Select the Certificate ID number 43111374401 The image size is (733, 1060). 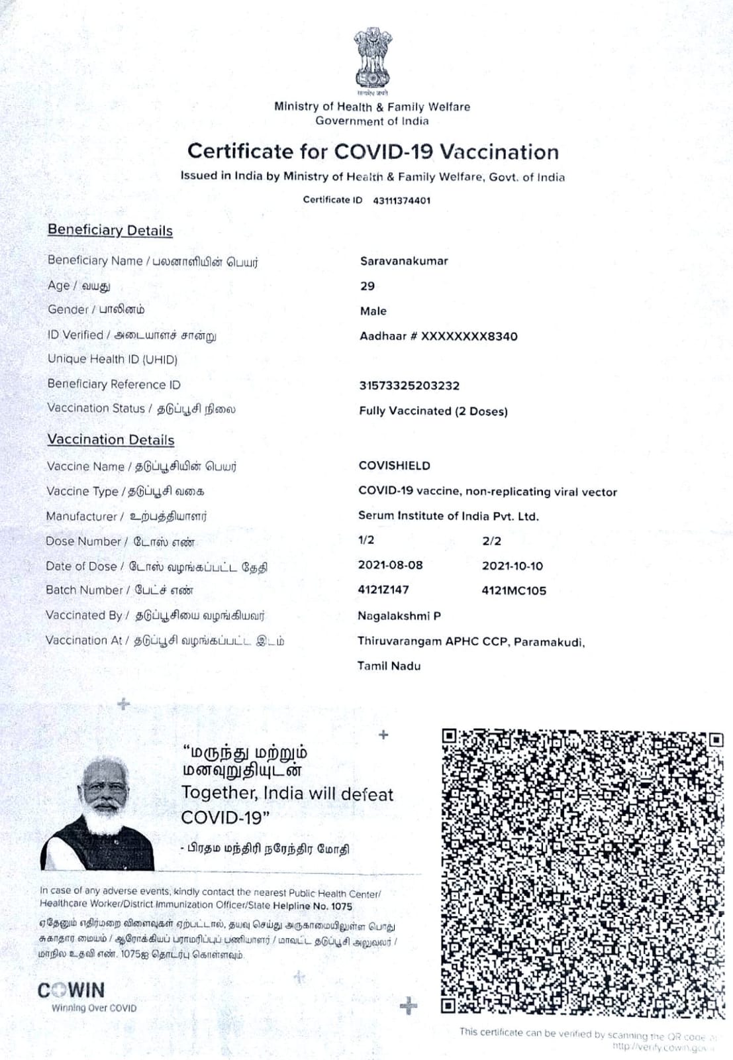pos(401,200)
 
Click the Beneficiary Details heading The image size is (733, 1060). pos(110,231)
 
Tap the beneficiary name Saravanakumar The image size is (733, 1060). pos(404,261)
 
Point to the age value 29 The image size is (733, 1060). pos(367,286)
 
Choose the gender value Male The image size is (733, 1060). pos(373,311)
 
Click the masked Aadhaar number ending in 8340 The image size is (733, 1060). pos(438,336)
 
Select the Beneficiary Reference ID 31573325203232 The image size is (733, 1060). pos(409,386)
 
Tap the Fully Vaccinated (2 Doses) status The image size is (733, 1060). pos(433,411)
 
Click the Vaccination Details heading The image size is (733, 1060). pos(111,440)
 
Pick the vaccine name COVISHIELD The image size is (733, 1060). pos(394,466)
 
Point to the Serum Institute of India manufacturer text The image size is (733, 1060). pos(448,516)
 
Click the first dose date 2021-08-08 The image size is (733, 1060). pos(390,565)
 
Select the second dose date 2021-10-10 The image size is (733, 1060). pos(513,566)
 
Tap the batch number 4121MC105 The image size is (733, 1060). pos(514,590)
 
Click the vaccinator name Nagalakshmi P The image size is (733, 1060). pos(399,616)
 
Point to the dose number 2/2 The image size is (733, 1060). pos(492,541)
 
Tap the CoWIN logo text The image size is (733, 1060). pos(72,990)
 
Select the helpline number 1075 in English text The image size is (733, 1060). pos(341,906)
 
